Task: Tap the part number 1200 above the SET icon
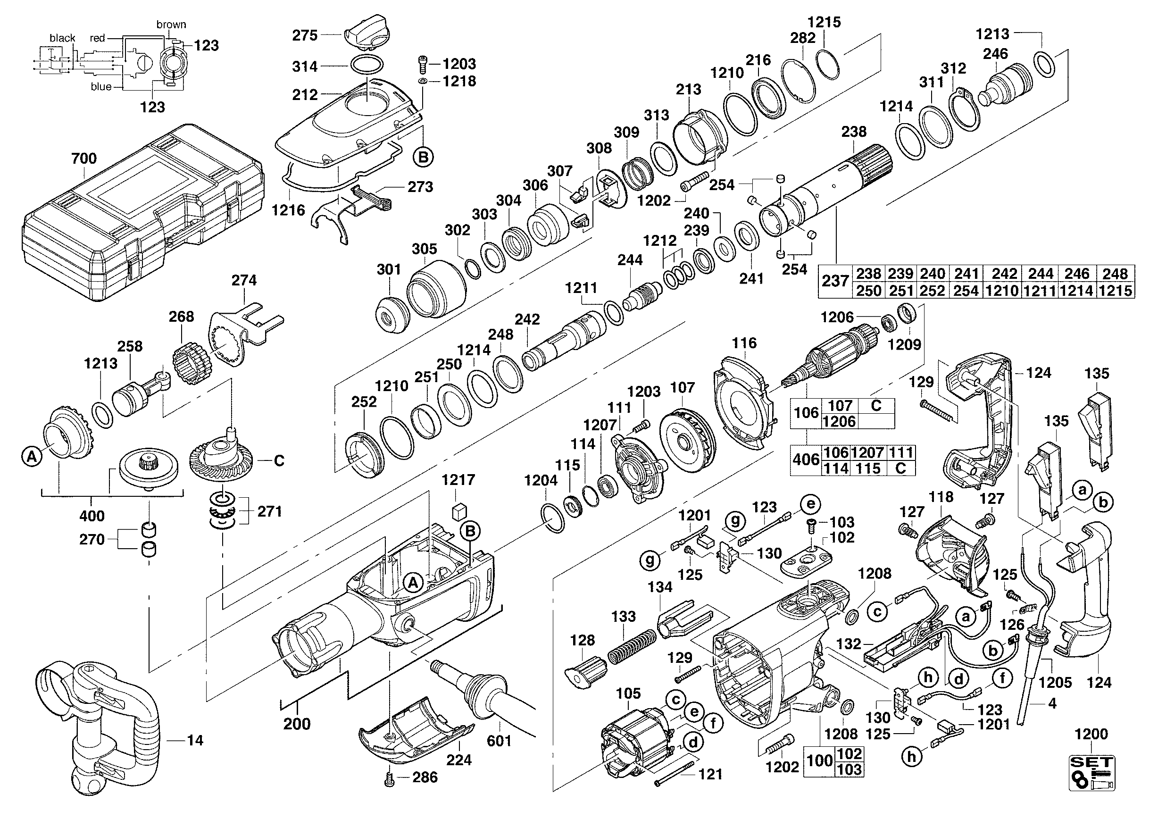click(1091, 734)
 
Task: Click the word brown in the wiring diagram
click(171, 24)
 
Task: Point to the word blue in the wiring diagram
click(101, 87)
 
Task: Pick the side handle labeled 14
click(96, 726)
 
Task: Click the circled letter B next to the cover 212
click(423, 158)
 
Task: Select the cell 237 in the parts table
click(835, 281)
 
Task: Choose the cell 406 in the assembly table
click(806, 460)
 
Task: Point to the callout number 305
click(424, 249)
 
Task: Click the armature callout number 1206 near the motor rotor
click(837, 317)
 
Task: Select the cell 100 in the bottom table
click(819, 760)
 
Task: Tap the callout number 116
click(744, 343)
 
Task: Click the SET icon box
click(1091, 773)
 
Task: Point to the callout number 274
click(244, 280)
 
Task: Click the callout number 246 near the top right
click(995, 53)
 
